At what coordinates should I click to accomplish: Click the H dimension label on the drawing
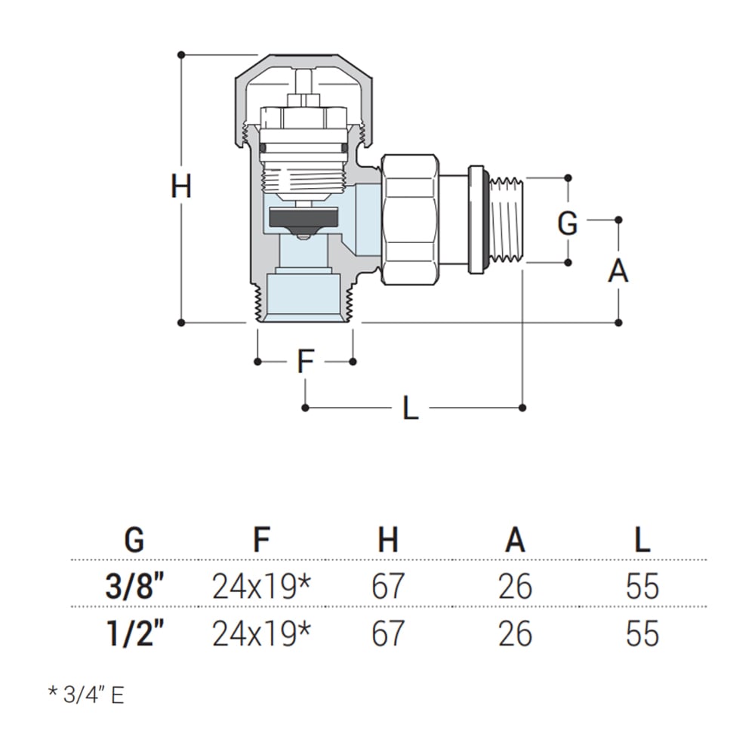(181, 186)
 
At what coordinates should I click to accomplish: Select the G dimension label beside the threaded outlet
(568, 223)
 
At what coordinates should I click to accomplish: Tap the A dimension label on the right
(618, 270)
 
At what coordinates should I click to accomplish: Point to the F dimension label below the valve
(304, 362)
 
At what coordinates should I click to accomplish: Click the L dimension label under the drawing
(410, 408)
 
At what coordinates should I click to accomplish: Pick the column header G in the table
(134, 540)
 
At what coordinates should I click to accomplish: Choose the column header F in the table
(261, 540)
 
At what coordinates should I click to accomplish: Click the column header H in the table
(388, 540)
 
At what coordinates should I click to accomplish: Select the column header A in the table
(515, 540)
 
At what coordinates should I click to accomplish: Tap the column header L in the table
(642, 540)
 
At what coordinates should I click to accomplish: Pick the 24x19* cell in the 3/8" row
(261, 587)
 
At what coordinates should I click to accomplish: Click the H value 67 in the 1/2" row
(388, 633)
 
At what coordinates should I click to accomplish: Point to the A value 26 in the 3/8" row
(515, 587)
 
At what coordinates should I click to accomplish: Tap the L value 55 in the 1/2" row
(642, 633)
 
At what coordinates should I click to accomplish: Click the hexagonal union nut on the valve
(408, 219)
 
